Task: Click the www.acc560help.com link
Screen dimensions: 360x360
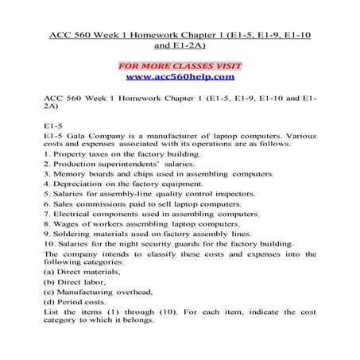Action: click(x=180, y=78)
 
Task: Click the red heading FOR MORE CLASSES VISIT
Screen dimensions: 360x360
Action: click(x=180, y=64)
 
